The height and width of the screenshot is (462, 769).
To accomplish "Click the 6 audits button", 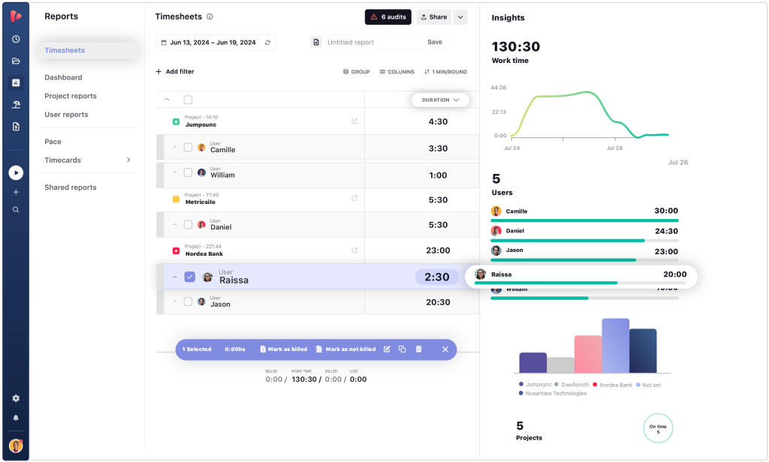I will (388, 16).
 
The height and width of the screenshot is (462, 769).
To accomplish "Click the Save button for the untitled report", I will (435, 42).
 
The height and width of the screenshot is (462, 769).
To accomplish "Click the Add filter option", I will (175, 72).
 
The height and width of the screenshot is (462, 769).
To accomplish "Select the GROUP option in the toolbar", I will (357, 72).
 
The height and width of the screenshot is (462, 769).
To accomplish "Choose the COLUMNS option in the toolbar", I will (397, 72).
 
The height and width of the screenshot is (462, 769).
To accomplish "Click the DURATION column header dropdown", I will (440, 100).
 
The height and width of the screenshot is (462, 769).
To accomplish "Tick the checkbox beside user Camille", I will (188, 148).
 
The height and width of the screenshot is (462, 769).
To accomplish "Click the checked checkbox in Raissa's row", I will (190, 277).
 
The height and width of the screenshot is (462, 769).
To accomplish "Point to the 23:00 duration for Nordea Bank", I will (439, 250).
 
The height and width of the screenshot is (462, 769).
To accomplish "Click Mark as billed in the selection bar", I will (283, 349).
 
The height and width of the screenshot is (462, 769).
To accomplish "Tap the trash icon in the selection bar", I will (418, 349).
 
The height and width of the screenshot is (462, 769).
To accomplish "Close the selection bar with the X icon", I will (445, 349).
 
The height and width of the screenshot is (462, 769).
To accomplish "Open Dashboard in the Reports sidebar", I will (63, 77).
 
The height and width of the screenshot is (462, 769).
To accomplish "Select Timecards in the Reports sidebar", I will (62, 160).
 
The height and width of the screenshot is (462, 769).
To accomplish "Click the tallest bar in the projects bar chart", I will (615, 346).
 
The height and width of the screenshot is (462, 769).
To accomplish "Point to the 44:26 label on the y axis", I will (498, 88).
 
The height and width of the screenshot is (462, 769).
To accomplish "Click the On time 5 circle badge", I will (658, 429).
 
